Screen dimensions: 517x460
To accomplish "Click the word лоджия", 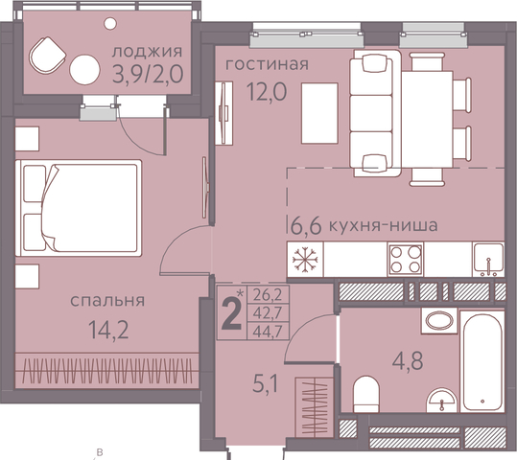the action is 147,52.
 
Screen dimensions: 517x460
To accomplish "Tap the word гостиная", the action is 267,64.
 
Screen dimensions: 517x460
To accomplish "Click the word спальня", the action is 107,301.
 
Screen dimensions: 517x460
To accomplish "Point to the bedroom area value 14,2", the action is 108,331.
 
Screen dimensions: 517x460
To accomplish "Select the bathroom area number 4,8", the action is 408,360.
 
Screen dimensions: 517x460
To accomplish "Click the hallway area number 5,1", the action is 266,384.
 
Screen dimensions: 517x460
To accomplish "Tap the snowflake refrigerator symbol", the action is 305,260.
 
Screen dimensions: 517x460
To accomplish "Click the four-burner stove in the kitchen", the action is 406,260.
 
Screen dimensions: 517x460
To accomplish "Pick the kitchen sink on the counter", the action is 488,260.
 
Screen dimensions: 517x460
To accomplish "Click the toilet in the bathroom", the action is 366,394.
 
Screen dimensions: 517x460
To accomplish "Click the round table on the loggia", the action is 84,70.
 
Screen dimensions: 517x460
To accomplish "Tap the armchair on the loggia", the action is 47,56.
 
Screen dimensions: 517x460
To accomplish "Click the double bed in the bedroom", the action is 79,208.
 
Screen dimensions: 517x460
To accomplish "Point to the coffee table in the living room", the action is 319,113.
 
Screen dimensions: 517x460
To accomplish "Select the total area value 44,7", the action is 268,332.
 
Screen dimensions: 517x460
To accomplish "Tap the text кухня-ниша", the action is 384,226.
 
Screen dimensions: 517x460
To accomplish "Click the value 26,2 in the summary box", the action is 268,294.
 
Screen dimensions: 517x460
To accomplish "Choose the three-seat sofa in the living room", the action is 375,113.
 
